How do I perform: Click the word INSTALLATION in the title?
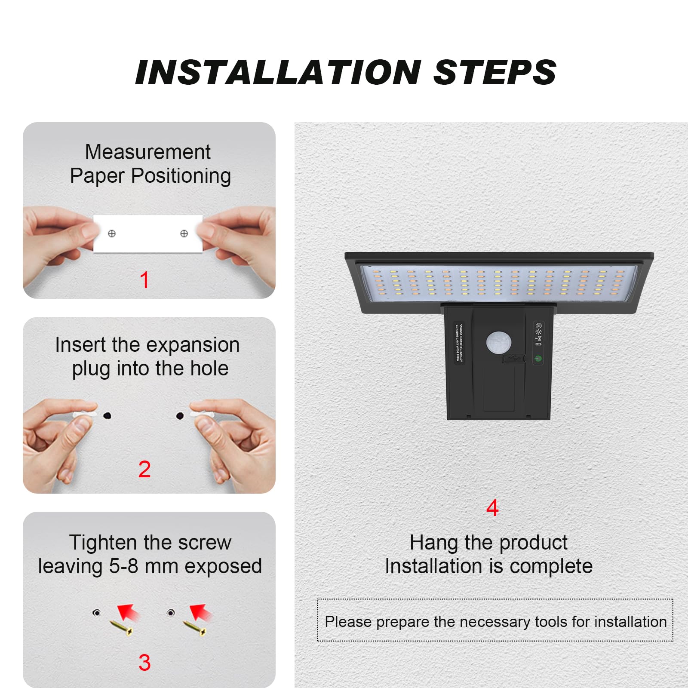[278, 72]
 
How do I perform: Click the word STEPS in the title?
[494, 72]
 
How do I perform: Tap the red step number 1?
[144, 280]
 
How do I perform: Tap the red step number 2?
[144, 469]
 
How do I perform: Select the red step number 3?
[144, 663]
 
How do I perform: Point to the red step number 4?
[492, 508]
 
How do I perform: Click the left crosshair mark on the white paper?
[112, 233]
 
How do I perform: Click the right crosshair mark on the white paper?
[184, 233]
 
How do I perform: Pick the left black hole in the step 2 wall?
[107, 415]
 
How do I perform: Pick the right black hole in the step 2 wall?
[180, 415]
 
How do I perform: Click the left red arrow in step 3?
[129, 612]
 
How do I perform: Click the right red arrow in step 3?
[201, 612]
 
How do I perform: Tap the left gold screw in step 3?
[121, 628]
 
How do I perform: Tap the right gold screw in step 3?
[195, 628]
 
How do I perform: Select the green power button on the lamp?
[538, 358]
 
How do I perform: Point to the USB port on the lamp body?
[514, 358]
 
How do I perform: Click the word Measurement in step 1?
[147, 152]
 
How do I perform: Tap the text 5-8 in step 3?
[124, 566]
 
